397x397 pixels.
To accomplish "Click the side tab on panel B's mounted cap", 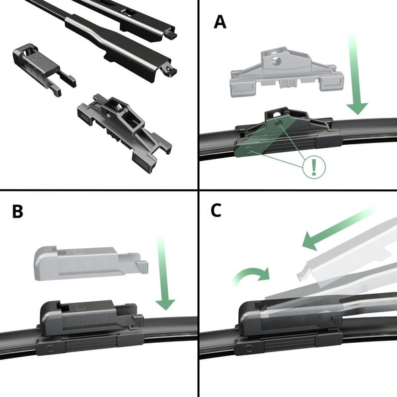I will [137, 320].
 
